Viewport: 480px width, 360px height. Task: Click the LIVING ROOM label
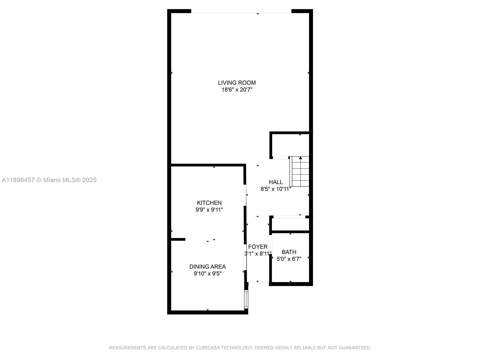[x=237, y=83]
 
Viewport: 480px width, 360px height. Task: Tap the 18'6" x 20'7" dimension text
[x=237, y=90]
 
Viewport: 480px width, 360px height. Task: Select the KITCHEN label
[x=209, y=203]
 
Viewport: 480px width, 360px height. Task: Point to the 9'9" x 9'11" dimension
[x=209, y=210]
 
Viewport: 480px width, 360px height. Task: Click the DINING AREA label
[x=207, y=267]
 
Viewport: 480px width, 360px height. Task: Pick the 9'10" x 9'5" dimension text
[x=207, y=274]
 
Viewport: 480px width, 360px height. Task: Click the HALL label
[x=275, y=182]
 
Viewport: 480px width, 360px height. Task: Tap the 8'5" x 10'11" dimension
[x=275, y=189]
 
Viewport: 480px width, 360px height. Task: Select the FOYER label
[x=258, y=247]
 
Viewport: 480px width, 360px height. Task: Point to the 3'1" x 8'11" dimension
[x=258, y=254]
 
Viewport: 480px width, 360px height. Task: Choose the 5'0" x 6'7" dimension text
[x=289, y=259]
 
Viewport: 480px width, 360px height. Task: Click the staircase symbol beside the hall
[x=300, y=172]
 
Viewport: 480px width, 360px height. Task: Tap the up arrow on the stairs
[x=300, y=158]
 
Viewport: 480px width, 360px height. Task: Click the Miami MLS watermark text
[x=49, y=180]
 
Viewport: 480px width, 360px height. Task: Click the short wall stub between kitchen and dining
[x=178, y=239]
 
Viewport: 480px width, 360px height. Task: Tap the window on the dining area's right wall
[x=246, y=299]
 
